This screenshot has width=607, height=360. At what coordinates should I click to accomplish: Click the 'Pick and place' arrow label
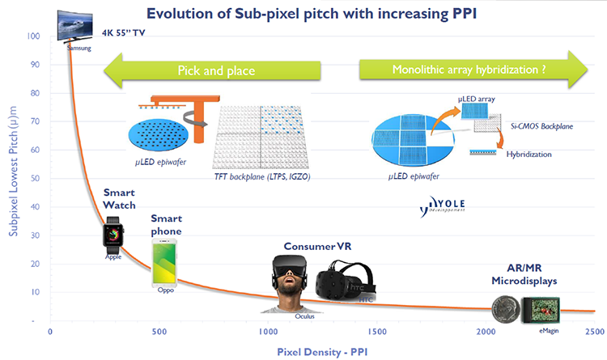[x=216, y=71]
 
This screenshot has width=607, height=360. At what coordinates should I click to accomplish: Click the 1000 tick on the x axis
[x=268, y=332]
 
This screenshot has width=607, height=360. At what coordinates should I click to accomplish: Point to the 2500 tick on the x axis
[x=593, y=332]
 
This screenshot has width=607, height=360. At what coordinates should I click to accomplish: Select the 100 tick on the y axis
[x=33, y=36]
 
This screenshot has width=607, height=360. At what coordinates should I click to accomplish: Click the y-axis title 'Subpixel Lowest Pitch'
[x=11, y=177]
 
